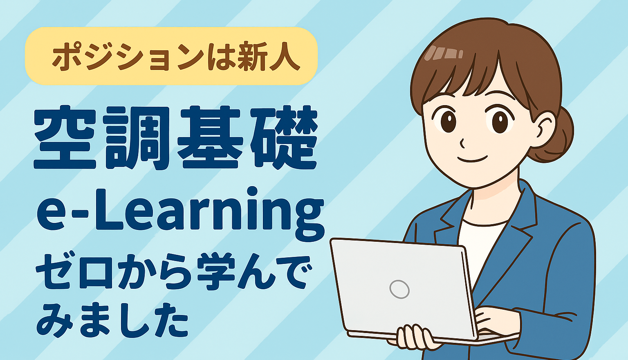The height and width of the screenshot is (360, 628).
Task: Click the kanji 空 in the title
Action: tap(65, 137)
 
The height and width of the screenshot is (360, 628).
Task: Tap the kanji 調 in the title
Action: tap(136, 138)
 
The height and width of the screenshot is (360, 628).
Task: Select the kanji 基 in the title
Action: tap(210, 137)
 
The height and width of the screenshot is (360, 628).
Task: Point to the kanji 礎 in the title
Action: tap(283, 137)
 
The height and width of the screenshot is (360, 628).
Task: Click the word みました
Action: tap(112, 319)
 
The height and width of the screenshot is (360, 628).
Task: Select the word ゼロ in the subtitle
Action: tap(74, 271)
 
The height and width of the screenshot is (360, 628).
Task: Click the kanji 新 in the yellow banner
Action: tap(251, 56)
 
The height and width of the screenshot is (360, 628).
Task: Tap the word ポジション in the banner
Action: tap(129, 56)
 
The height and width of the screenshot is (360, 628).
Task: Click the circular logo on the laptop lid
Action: tap(399, 289)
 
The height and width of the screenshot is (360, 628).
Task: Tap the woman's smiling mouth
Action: tap(472, 159)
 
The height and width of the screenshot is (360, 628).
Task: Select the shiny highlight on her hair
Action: tap(443, 53)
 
